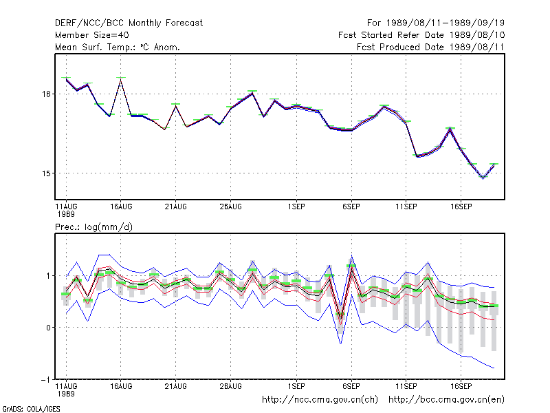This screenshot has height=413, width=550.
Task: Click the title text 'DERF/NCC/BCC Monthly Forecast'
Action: [x=129, y=23]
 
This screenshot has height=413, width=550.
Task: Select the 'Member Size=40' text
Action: [x=92, y=35]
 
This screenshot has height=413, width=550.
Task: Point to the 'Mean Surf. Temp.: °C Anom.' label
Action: [x=118, y=47]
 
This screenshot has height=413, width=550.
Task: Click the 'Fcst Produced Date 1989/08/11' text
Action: [x=430, y=47]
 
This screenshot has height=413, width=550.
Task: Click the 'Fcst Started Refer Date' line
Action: [x=421, y=35]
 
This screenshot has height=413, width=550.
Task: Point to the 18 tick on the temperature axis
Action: [x=47, y=94]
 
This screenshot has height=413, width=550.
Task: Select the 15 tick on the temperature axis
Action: [x=47, y=173]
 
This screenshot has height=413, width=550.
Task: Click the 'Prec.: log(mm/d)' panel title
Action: [x=93, y=227]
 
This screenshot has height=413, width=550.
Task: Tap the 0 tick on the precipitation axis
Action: [x=48, y=328]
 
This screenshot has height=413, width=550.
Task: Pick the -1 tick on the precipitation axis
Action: [x=45, y=380]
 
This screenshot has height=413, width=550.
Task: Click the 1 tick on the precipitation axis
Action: [x=49, y=276]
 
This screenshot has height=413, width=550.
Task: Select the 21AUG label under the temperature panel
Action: [x=176, y=207]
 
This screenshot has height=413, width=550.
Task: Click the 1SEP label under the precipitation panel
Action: [x=296, y=386]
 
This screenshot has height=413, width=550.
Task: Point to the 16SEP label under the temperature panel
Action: [x=461, y=207]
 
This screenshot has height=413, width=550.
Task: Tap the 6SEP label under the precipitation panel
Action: [x=351, y=386]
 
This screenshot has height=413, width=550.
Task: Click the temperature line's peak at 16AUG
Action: [x=121, y=80]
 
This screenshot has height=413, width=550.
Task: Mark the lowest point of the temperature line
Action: [x=483, y=178]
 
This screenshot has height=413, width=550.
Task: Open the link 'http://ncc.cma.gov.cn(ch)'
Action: [x=320, y=400]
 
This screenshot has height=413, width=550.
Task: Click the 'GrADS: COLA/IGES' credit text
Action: [x=31, y=409]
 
